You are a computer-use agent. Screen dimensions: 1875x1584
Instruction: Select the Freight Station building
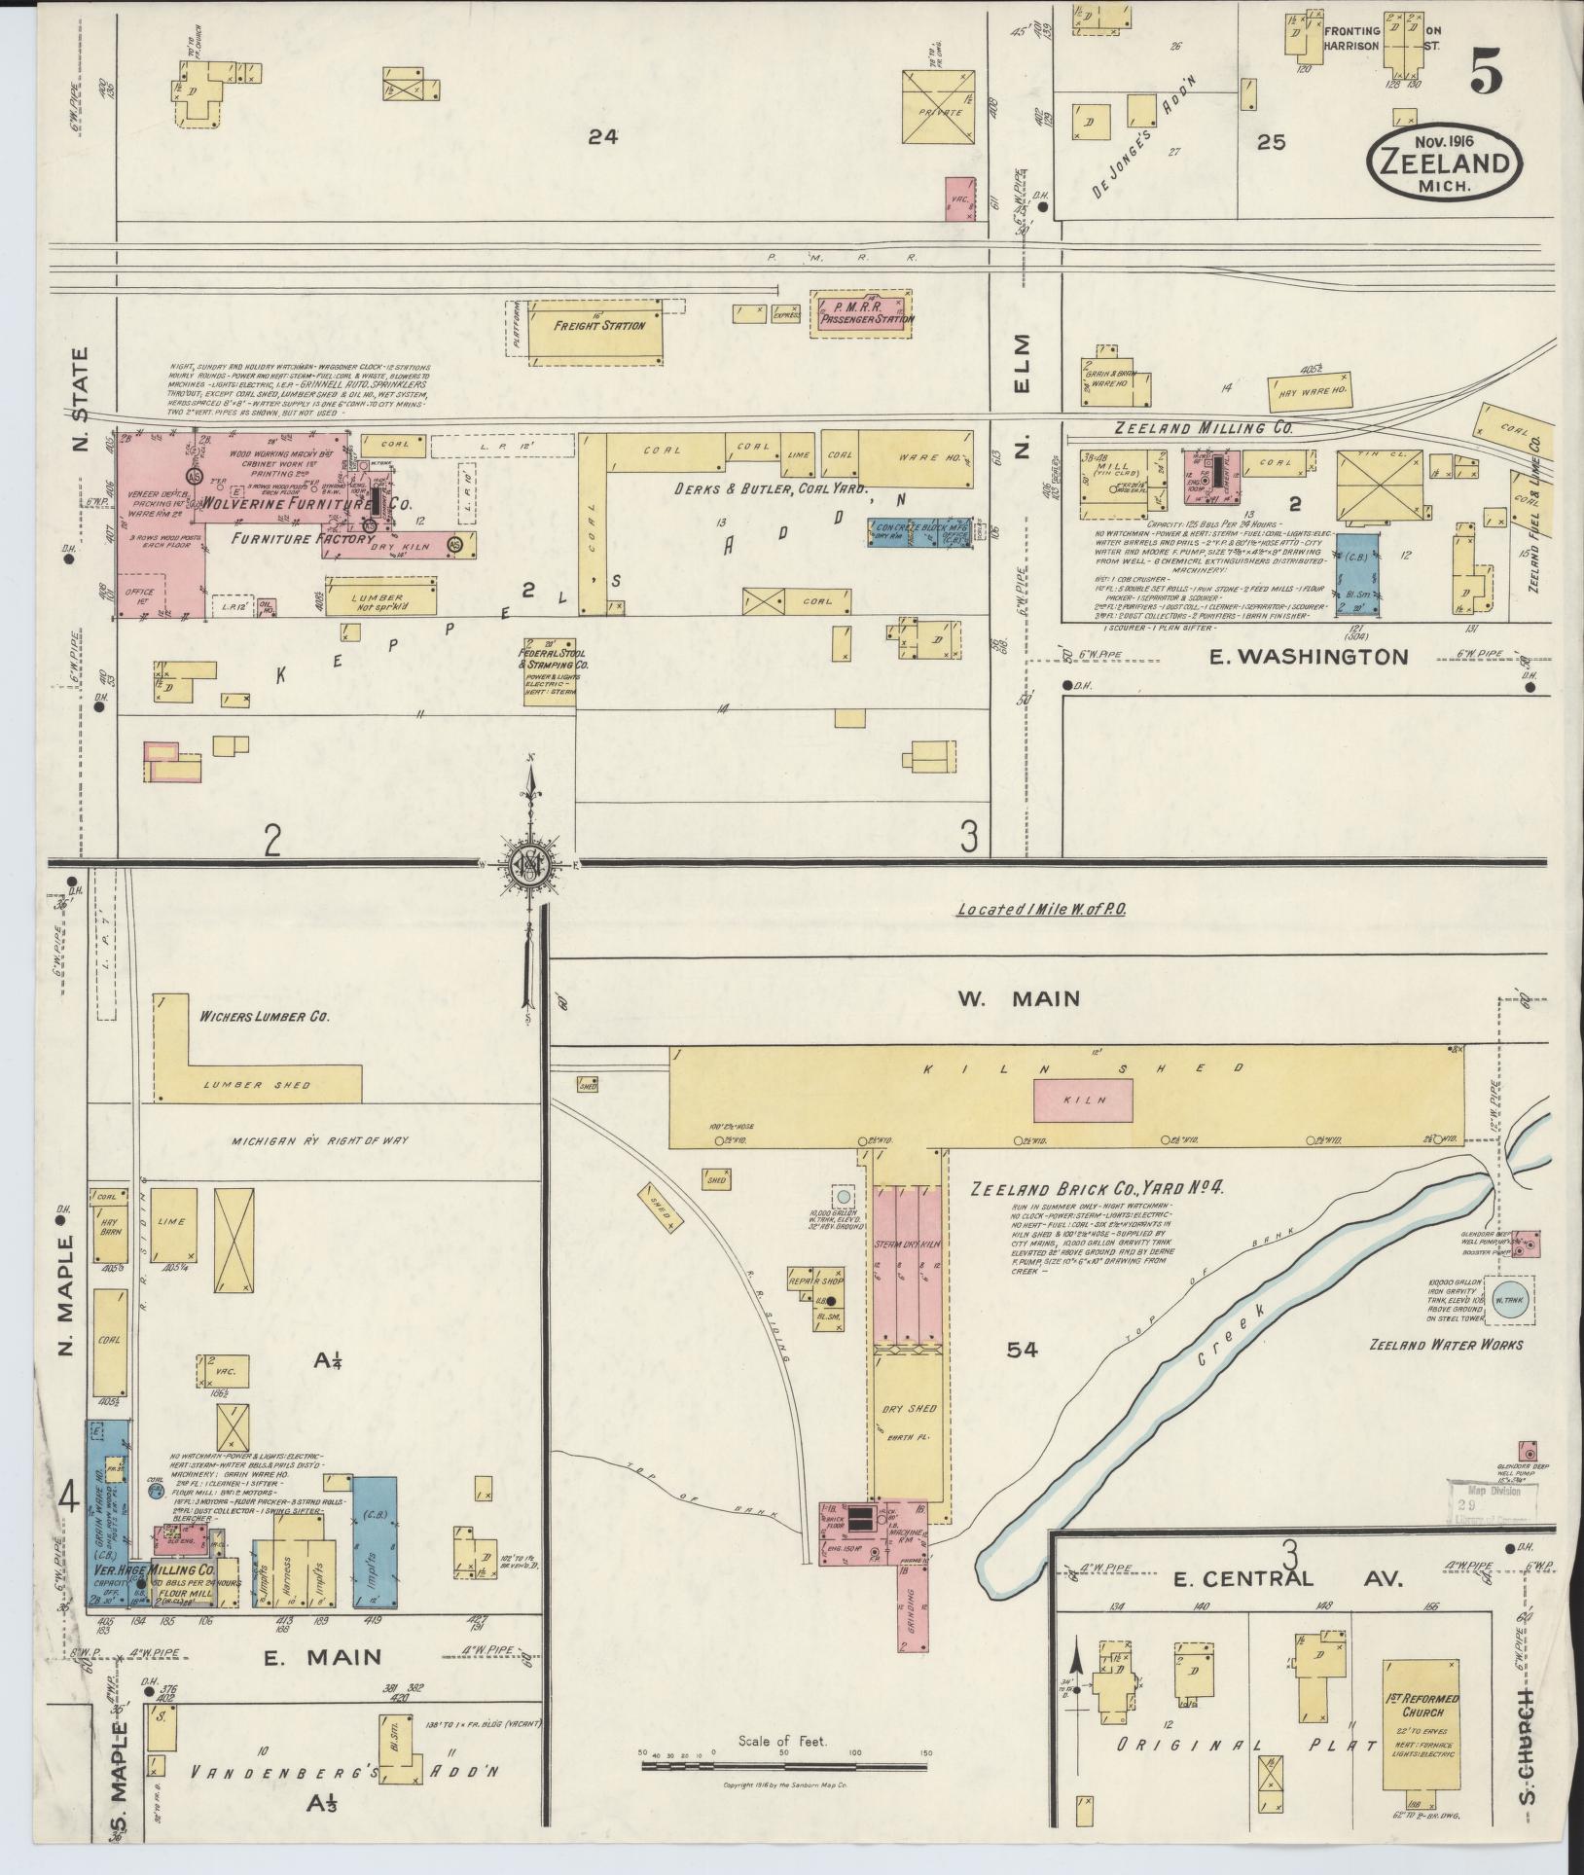599,326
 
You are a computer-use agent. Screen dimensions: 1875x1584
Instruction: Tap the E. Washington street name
1308,657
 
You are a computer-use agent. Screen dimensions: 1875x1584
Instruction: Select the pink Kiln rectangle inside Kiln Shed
1084,1099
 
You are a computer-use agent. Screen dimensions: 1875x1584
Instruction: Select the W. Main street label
1018,998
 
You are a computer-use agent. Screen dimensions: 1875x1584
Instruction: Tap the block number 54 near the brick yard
1024,1350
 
